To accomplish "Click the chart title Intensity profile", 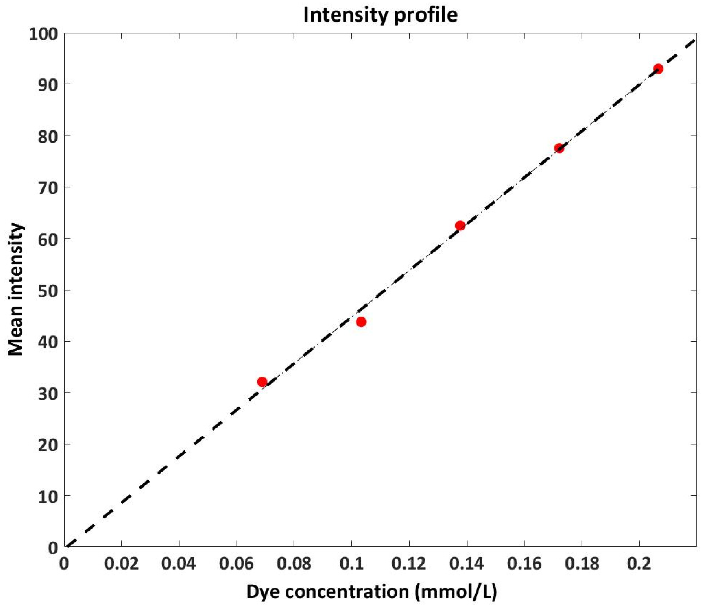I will (380, 15).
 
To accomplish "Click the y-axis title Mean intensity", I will (16, 289).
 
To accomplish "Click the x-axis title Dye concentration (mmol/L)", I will (372, 591).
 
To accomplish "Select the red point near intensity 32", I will (262, 382).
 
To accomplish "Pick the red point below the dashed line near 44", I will (361, 322).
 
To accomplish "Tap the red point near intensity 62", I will (460, 226).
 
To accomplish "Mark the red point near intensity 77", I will (559, 148).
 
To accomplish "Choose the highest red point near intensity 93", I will (658, 69).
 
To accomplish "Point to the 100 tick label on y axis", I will (43, 34).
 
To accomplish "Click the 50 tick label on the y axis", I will (48, 291).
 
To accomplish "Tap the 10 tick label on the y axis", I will (48, 497).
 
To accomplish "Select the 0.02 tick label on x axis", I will (121, 564).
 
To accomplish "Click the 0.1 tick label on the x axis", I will (351, 564).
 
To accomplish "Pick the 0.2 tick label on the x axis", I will (639, 564).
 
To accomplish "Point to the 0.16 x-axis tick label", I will (524, 564).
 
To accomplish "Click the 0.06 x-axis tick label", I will (236, 564).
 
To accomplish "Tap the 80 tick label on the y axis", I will (48, 137).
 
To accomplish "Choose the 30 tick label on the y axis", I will (48, 394).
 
